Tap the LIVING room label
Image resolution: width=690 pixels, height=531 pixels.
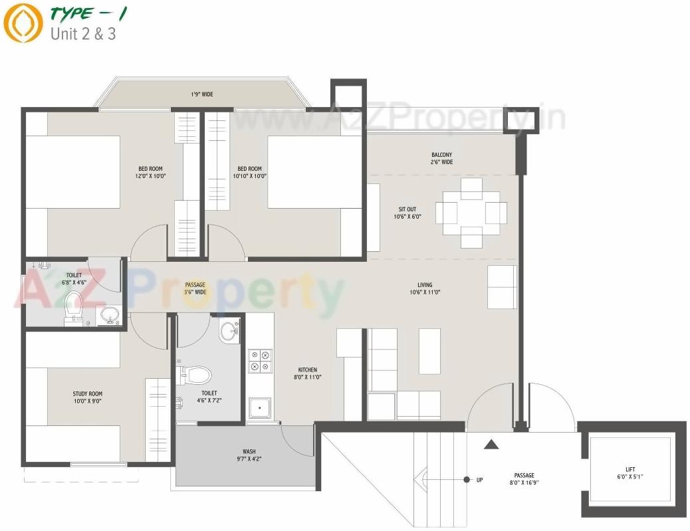pos(425,288)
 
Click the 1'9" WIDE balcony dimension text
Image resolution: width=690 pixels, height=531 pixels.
pos(202,95)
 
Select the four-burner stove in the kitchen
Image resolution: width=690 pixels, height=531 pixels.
pos(259,360)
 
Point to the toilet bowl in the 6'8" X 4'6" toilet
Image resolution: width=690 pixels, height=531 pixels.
pos(73,306)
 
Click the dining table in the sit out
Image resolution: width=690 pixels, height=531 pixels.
pos(471,213)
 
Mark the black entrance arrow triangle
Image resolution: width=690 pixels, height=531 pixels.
pos(491,444)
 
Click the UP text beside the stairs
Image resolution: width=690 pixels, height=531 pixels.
pos(479,480)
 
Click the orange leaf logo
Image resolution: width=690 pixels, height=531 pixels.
pos(22,24)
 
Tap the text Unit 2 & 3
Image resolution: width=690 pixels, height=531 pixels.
pos(83,33)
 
